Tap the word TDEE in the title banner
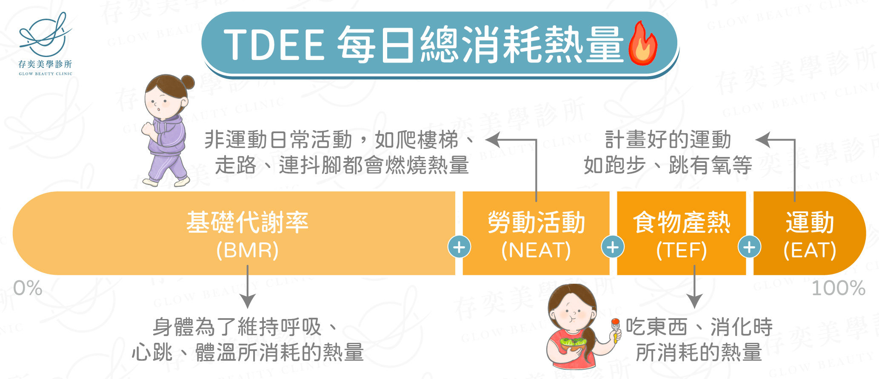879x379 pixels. pos(274,45)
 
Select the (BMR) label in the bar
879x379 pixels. pos(247,250)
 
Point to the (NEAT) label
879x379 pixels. pos(536,250)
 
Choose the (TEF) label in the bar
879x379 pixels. pos(682,250)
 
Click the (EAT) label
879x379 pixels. pos(810,250)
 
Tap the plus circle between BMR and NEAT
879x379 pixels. pos(459,247)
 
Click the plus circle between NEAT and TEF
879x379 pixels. pos(613,247)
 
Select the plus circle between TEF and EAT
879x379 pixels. pos(749,247)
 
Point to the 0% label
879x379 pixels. pos(28,288)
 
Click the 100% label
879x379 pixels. pos(839,288)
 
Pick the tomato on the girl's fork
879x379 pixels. pos(615,322)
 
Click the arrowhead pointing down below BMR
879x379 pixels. pos(247,301)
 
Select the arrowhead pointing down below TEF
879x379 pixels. pos(694,301)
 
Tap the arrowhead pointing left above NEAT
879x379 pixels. pos(492,140)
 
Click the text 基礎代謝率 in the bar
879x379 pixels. pos(247,222)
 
